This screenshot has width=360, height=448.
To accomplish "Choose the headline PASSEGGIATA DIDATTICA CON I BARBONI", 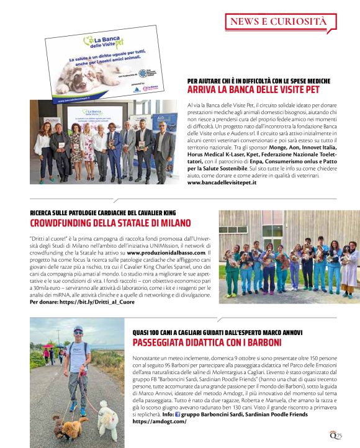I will click(x=208, y=343).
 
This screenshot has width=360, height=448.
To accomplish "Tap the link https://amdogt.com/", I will click(x=160, y=421).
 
